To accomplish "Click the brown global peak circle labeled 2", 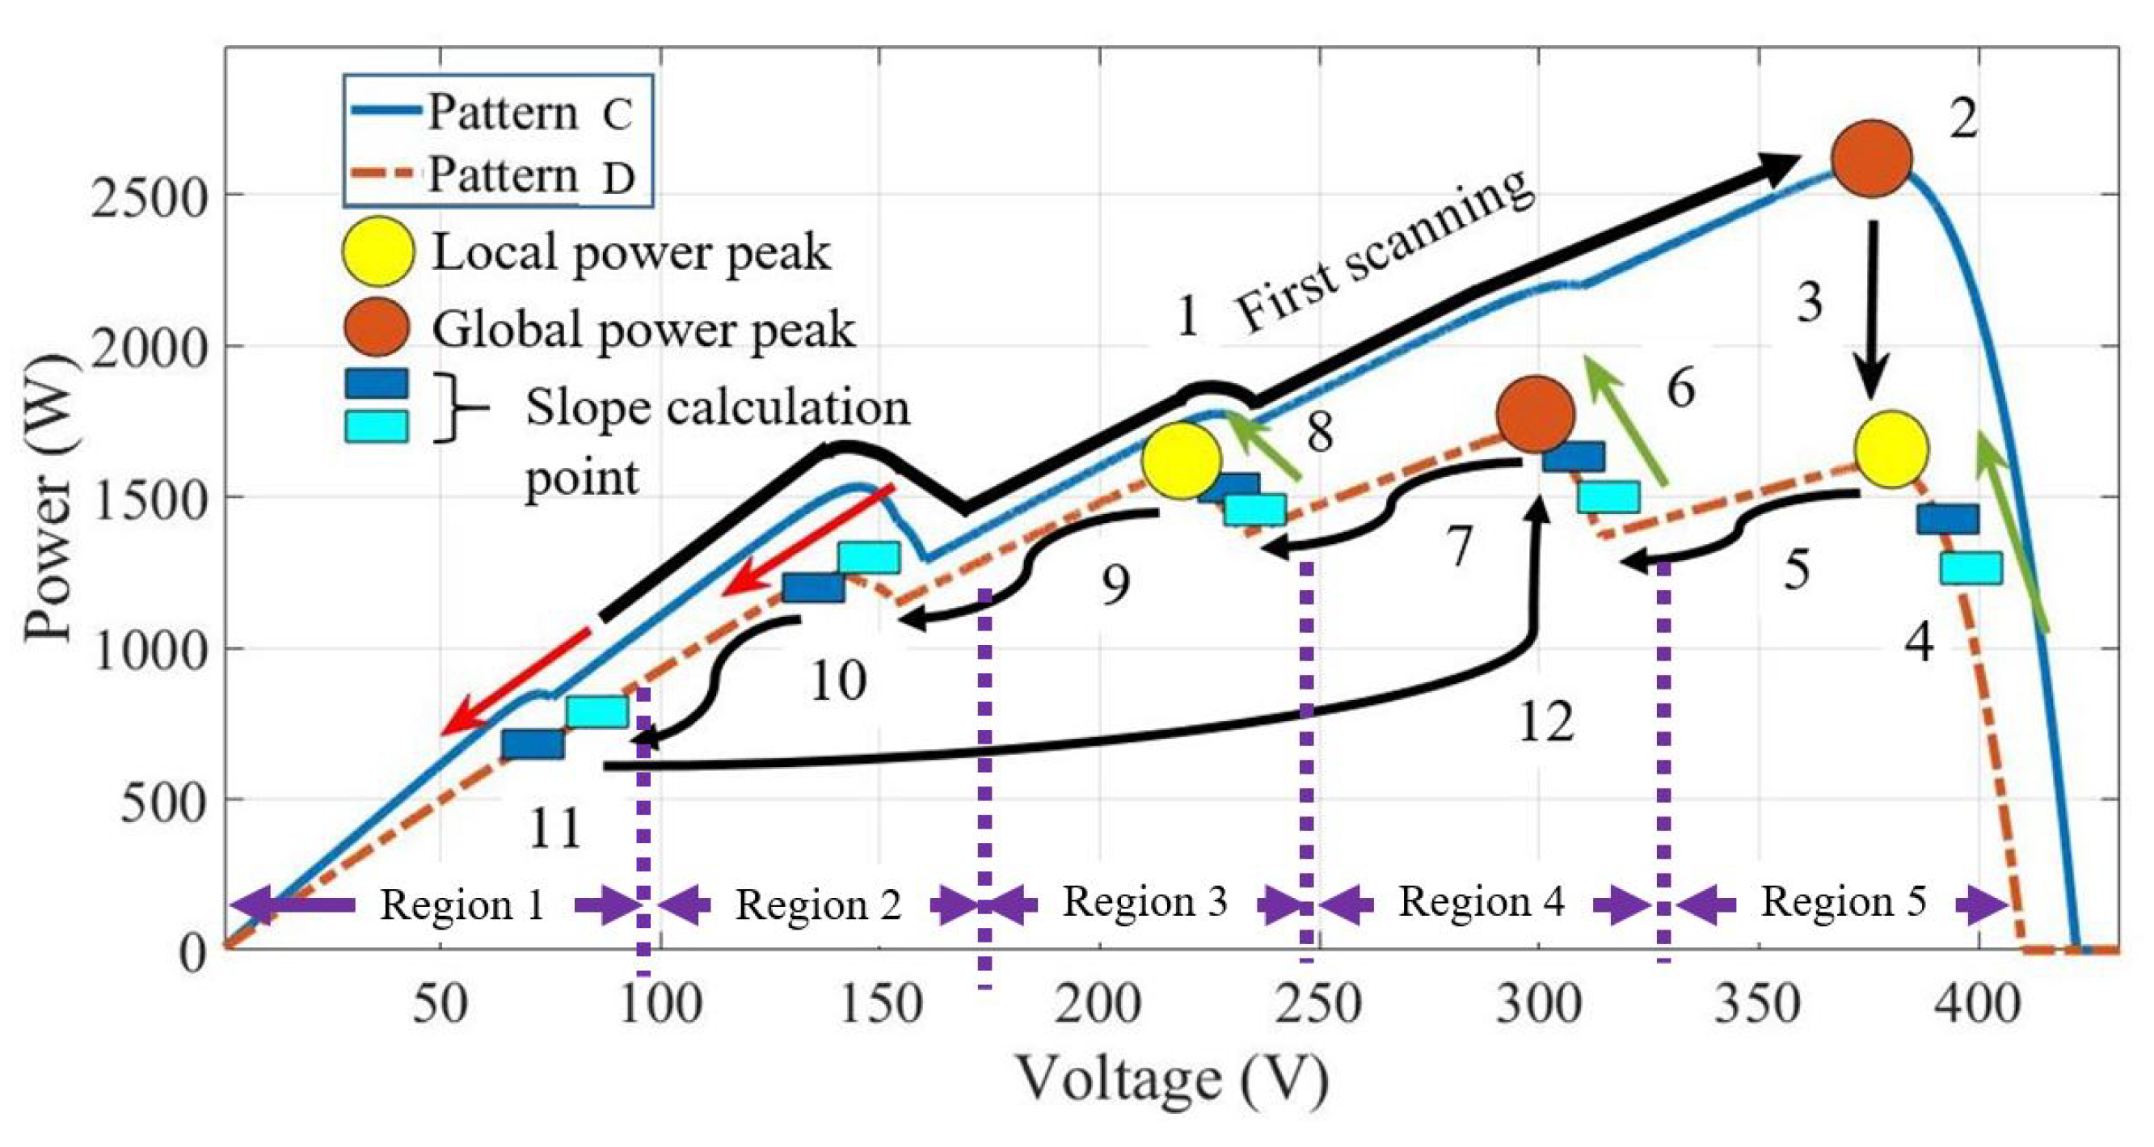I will [1871, 159].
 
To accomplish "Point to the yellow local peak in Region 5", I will [1891, 449].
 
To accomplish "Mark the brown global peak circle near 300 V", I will [1536, 415].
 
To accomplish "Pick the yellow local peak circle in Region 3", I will [1182, 461].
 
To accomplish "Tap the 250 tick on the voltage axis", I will [1318, 1004].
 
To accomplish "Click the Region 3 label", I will [1144, 902].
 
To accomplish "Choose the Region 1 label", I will [462, 905].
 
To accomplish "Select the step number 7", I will [1458, 547].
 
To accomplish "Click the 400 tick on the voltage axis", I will [1979, 1004].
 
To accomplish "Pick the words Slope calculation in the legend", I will [718, 408].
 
